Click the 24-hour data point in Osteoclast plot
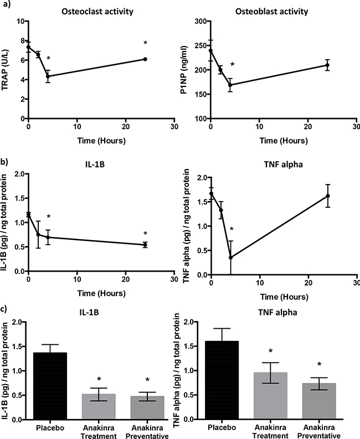[x=145, y=59]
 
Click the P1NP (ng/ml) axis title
[x=184, y=70]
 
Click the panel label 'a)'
[x=5, y=6]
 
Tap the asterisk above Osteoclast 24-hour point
[x=145, y=43]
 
